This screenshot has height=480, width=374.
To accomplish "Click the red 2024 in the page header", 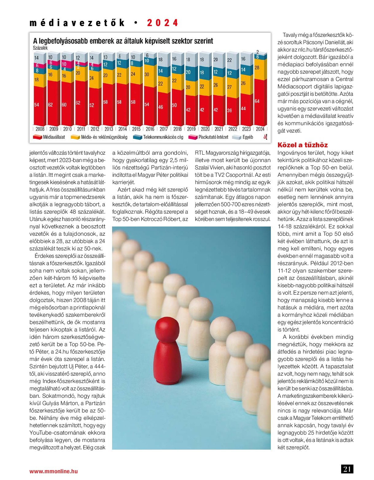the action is coord(162,23).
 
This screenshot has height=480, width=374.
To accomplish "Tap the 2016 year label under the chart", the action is coord(150,129).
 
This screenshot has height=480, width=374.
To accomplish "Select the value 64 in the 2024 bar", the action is coord(257,101).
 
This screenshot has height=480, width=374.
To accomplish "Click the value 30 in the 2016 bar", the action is coord(147,75).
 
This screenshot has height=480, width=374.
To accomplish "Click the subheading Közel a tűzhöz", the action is coord(302,145).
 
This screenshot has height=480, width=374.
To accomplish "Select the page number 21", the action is coord(347,469).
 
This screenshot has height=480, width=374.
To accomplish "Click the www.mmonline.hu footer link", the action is coord(54,471).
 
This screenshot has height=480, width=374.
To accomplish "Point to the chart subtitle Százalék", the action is coord(40,48).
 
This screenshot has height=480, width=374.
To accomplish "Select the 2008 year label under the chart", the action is coord(40,129).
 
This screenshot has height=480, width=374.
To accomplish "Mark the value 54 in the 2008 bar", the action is coord(37,105).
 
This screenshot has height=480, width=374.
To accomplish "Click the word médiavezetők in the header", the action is coord(77,23).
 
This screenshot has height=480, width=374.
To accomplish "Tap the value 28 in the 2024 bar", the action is coord(257,68).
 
